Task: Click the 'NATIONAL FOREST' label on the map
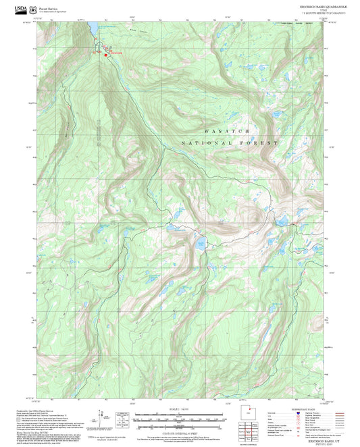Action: (230, 144)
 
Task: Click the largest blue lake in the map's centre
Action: (201, 244)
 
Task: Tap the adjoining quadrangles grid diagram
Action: (249, 429)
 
